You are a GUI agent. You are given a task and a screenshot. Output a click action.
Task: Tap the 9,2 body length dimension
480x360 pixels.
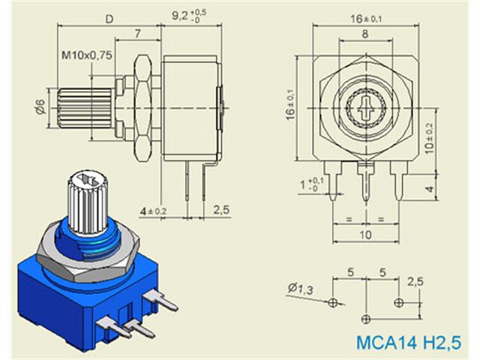[x=188, y=13]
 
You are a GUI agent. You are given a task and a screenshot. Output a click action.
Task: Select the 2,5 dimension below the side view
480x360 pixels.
[x=220, y=209]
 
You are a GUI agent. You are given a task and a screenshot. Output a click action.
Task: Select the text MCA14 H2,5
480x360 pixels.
[x=409, y=343]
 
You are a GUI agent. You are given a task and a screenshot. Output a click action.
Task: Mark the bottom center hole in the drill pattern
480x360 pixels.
[x=365, y=317]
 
